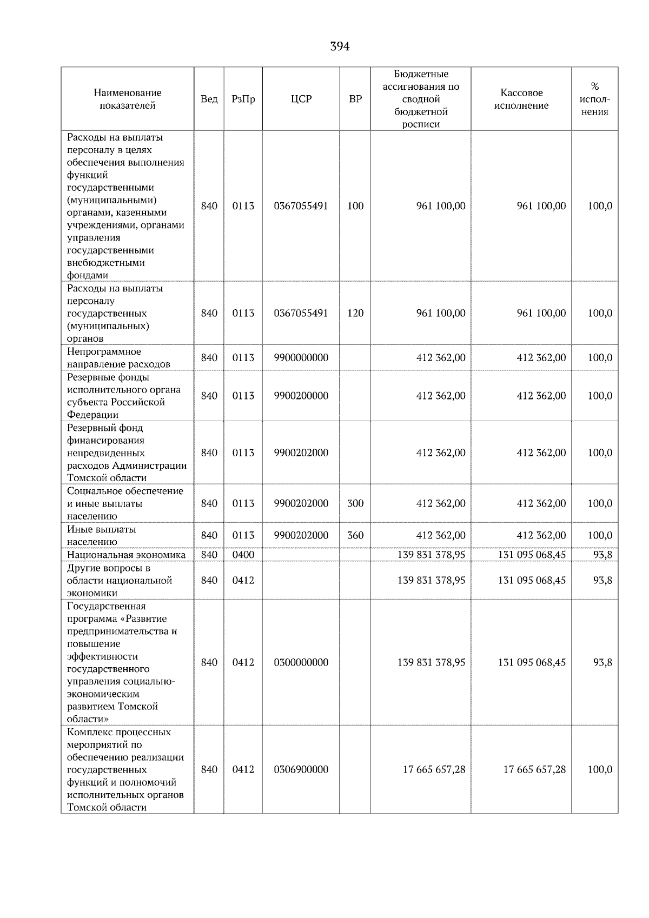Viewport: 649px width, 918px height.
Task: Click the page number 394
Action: (340, 47)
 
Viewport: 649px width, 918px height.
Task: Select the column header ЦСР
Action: (301, 99)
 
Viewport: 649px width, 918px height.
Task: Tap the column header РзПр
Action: (243, 99)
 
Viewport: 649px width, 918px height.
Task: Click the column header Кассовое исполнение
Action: (521, 99)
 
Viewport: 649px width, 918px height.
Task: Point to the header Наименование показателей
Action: (127, 99)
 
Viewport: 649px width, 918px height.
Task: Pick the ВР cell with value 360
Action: (355, 535)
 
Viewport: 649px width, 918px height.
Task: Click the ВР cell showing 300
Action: (355, 503)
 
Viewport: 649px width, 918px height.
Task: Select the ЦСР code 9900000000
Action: (301, 358)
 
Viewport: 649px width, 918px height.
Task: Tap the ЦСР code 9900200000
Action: (301, 396)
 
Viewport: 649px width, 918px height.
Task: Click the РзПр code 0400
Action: (243, 555)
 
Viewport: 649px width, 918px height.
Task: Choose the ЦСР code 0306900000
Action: (301, 769)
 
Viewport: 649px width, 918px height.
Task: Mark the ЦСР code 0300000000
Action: (301, 662)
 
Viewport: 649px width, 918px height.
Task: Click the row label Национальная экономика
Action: (126, 555)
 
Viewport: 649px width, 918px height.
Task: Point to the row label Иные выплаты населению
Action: (102, 535)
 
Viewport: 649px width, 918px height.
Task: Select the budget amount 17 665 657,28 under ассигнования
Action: (434, 769)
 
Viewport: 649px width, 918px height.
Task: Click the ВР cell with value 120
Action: (355, 313)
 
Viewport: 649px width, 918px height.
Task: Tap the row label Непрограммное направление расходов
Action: (118, 358)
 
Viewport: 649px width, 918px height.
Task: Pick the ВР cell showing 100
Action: (355, 206)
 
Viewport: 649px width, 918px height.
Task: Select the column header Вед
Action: (209, 99)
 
